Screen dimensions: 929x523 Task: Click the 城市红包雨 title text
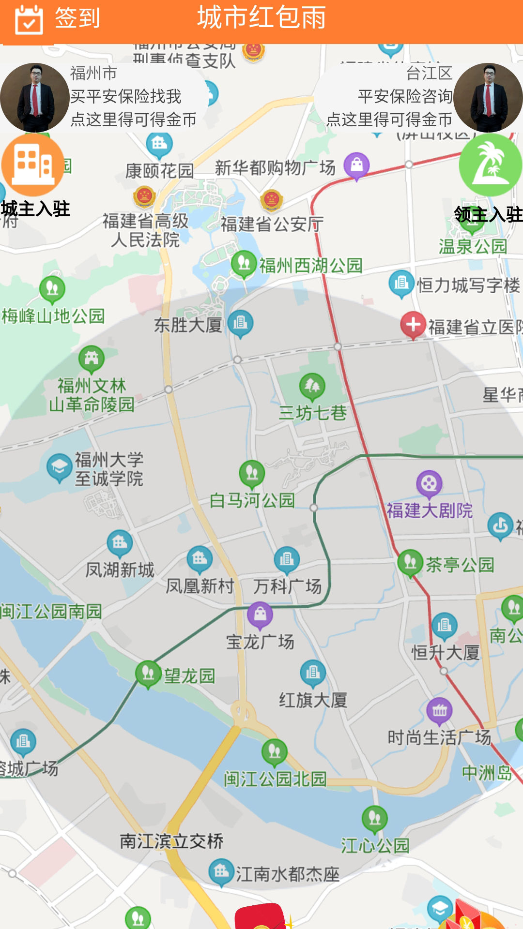coord(261,18)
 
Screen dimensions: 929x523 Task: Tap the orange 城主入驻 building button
coord(33,165)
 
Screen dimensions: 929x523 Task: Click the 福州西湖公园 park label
coord(310,266)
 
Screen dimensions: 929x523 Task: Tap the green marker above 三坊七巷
coord(312,386)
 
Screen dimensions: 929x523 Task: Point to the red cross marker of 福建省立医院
coord(413,325)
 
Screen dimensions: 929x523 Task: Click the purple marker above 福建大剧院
coord(429,483)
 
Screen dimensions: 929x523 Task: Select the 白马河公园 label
coord(252,500)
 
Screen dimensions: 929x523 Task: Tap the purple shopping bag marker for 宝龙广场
coord(260,614)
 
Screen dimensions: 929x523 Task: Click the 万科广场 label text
coord(287,586)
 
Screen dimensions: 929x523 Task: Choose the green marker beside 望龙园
coord(148,673)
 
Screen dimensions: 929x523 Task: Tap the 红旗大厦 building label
coord(313,700)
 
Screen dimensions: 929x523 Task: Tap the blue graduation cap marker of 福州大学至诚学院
coord(59,467)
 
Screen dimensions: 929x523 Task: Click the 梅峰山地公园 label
coord(53,316)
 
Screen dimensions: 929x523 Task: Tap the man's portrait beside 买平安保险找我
coord(35,98)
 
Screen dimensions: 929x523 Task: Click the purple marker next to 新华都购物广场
coord(357,165)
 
